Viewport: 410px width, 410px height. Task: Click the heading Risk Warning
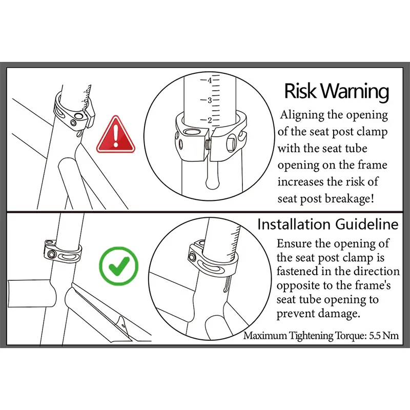(336, 91)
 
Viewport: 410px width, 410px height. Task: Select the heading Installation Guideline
(327, 224)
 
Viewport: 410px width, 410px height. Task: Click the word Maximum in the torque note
(264, 336)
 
